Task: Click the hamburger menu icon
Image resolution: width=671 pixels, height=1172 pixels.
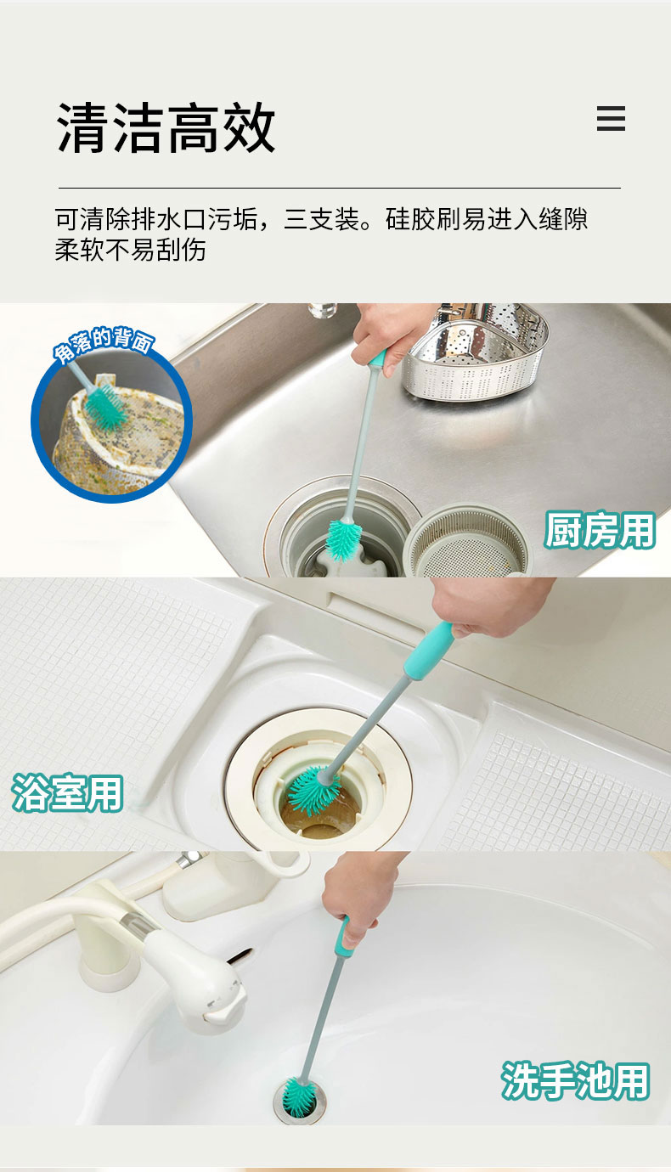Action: (x=611, y=118)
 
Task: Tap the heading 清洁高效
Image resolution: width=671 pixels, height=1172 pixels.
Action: (x=166, y=127)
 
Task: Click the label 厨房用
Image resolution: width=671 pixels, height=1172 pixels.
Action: (x=600, y=530)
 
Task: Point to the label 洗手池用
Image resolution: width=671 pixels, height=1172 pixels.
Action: (x=575, y=1080)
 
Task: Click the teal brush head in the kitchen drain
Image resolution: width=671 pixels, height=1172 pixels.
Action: (x=344, y=540)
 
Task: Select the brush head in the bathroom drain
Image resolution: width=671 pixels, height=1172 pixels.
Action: (x=314, y=790)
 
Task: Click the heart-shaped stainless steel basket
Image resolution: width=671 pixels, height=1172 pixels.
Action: (x=475, y=352)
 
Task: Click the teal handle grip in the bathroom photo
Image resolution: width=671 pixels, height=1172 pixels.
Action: (x=428, y=651)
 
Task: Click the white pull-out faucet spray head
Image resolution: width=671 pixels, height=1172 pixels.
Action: (x=194, y=978)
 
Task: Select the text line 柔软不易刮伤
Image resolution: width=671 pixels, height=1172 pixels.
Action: (x=130, y=250)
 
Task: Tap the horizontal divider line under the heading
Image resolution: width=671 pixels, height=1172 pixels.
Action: (x=340, y=188)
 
